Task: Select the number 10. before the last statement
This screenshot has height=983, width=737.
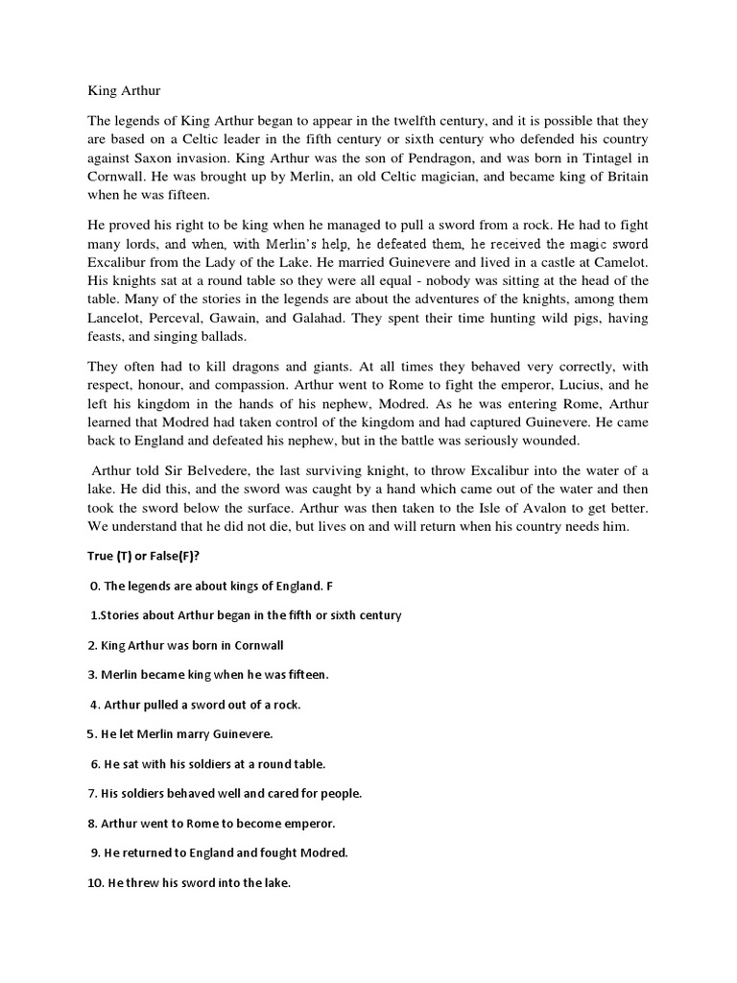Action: (x=95, y=882)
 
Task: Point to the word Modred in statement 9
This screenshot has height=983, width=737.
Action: (x=321, y=852)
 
